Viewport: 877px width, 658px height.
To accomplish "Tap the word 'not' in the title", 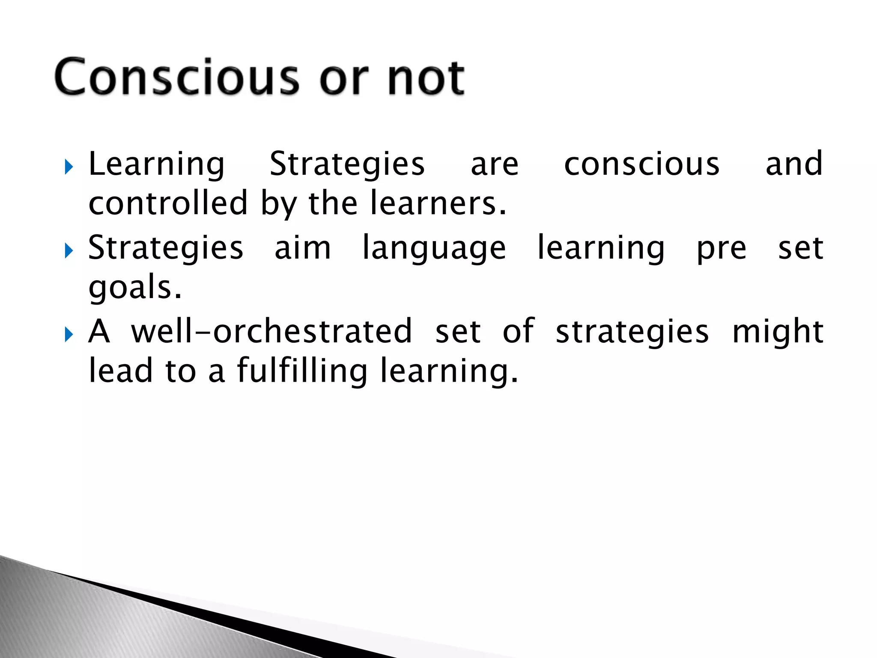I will tap(426, 77).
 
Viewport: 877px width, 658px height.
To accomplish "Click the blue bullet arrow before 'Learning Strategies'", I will tap(69, 167).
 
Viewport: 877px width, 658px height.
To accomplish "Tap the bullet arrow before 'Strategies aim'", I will tap(69, 251).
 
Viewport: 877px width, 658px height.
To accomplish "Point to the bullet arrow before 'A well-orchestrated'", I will tap(69, 335).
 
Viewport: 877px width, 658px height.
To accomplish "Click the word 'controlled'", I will tap(168, 203).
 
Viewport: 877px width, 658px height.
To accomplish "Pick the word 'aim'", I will tap(303, 248).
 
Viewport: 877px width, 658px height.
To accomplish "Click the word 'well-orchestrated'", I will tap(271, 332).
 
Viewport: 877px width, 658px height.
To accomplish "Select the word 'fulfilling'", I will tap(302, 371).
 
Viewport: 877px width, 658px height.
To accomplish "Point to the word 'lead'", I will tap(120, 371).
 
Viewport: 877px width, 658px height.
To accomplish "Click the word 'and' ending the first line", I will tap(794, 164).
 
